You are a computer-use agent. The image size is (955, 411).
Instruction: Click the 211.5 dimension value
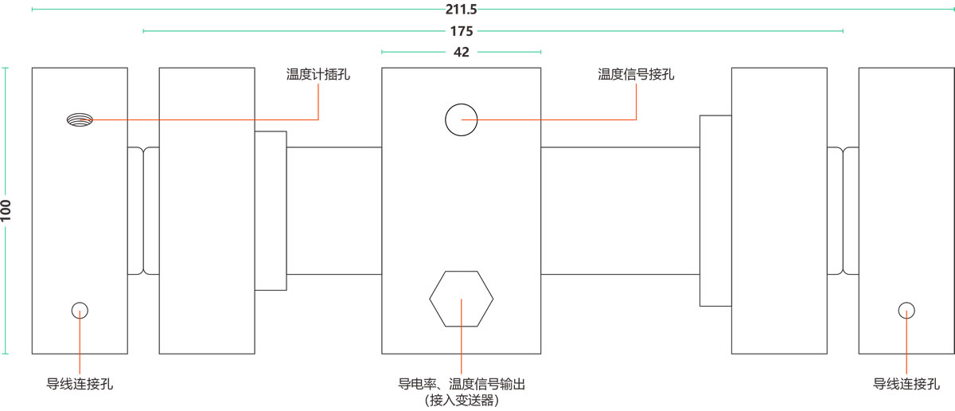461,10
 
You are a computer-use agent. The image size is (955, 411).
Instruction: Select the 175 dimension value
461,31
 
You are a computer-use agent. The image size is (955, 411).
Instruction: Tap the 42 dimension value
461,52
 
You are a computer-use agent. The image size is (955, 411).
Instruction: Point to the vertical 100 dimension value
6,210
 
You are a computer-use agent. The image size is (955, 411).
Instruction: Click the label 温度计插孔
318,75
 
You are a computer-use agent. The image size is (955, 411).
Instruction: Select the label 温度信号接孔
636,75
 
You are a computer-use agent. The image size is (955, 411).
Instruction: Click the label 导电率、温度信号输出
462,384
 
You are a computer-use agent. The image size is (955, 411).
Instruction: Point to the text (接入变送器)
462,400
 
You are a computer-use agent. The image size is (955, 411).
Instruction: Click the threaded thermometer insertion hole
80,119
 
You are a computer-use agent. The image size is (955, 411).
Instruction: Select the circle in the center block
461,119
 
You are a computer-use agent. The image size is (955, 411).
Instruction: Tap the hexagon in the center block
462,299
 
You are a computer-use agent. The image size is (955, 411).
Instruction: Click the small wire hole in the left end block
80,311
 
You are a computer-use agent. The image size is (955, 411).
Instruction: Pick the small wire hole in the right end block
906,311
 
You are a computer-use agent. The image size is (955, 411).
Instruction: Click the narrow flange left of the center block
271,210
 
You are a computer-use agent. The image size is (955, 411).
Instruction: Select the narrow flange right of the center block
715,210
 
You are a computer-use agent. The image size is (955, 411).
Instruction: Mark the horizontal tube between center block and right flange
621,210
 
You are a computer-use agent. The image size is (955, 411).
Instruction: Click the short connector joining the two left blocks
143,210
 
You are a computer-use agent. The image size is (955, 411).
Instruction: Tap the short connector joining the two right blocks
843,210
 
